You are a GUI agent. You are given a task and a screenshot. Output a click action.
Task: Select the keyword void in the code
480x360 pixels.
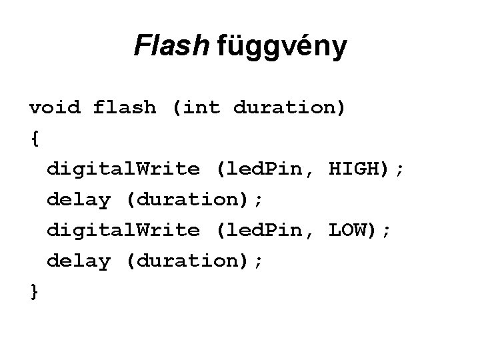click(54, 107)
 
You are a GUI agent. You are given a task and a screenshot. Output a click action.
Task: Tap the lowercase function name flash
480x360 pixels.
click(125, 107)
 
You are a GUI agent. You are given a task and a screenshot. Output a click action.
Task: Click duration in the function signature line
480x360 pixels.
click(286, 107)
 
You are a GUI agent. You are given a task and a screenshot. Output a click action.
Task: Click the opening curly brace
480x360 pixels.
click(34, 139)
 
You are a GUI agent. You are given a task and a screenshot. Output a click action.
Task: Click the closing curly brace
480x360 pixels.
click(34, 292)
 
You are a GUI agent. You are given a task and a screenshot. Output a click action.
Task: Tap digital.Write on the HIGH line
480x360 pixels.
click(123, 169)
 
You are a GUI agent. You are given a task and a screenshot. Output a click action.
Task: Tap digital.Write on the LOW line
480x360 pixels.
click(123, 231)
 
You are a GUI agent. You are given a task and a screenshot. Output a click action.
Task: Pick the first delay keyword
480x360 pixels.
click(78, 199)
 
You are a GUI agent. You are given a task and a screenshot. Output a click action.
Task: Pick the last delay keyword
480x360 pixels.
click(78, 261)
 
